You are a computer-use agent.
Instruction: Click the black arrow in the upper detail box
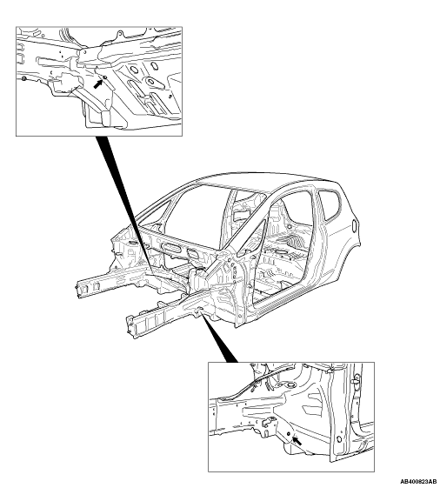(x=98, y=84)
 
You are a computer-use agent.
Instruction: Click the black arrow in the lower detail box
(x=297, y=440)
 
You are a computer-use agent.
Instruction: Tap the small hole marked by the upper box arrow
(x=105, y=77)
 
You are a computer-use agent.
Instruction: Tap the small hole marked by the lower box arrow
(x=289, y=434)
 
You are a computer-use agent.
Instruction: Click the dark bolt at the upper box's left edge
(x=23, y=77)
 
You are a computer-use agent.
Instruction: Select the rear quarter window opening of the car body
(x=330, y=204)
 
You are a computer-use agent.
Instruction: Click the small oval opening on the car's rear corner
(x=354, y=225)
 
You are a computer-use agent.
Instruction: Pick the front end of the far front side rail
(x=80, y=288)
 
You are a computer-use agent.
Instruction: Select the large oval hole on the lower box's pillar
(x=339, y=439)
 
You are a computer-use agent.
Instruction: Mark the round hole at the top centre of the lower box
(x=290, y=385)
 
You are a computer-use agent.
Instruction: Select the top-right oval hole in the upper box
(x=154, y=65)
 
